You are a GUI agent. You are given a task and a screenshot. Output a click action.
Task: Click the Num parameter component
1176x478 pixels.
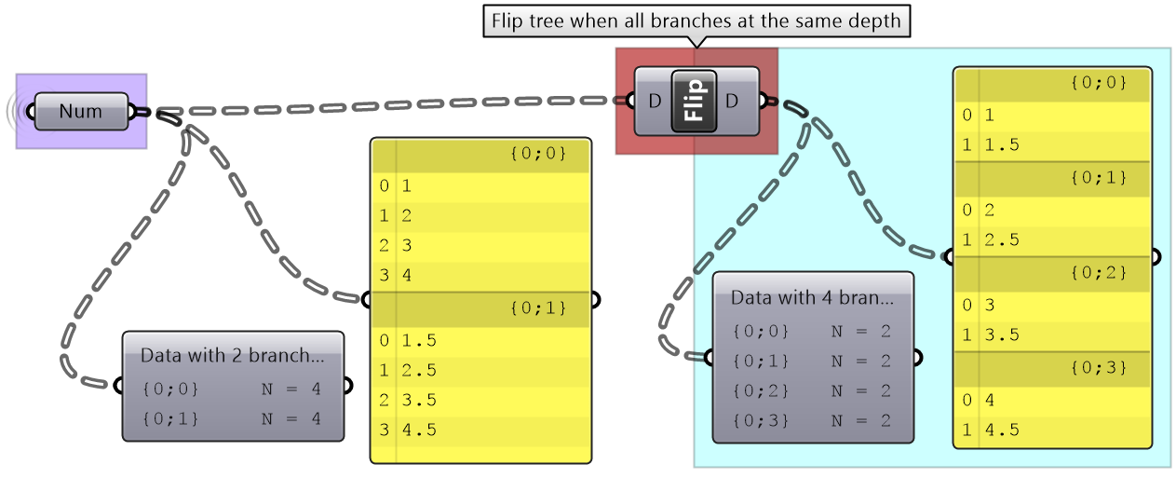(80, 112)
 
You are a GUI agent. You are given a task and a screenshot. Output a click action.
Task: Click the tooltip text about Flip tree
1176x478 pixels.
(695, 20)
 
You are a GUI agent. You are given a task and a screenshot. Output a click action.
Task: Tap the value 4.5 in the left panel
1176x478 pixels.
(419, 430)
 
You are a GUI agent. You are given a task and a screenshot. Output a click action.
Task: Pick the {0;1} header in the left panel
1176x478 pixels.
(537, 306)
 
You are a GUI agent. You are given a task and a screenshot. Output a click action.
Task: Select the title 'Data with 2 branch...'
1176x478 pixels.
(233, 355)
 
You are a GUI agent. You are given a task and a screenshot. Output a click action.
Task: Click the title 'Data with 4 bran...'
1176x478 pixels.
(812, 298)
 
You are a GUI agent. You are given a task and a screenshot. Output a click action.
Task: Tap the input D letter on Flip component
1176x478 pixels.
(655, 101)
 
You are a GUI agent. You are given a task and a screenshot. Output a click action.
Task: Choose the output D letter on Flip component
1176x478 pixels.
(731, 101)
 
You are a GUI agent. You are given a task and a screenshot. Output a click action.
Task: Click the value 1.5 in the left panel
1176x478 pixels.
(419, 340)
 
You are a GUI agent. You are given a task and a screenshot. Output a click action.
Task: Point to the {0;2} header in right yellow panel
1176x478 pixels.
(1099, 273)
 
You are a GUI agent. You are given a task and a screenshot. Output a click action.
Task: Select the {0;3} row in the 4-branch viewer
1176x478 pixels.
(811, 420)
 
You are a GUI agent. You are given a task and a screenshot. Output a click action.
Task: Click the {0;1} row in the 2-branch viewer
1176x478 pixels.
(232, 418)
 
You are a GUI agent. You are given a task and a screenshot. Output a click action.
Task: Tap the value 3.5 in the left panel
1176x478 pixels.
(419, 400)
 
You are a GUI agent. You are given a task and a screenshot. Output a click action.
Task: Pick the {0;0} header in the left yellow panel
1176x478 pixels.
(537, 153)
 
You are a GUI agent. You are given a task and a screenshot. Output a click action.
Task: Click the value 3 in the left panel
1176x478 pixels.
(407, 245)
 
